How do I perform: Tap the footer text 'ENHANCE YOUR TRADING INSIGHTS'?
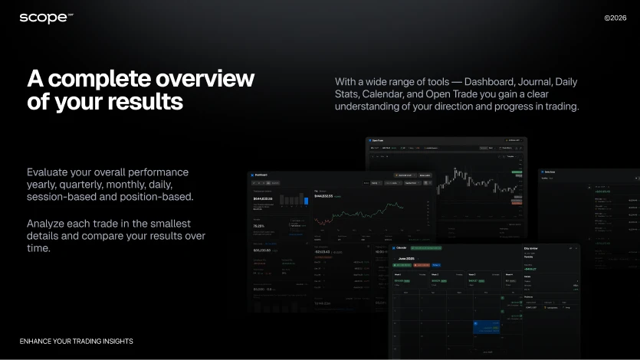76,341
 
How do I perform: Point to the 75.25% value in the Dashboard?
260,226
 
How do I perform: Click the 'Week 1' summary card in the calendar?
409,280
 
